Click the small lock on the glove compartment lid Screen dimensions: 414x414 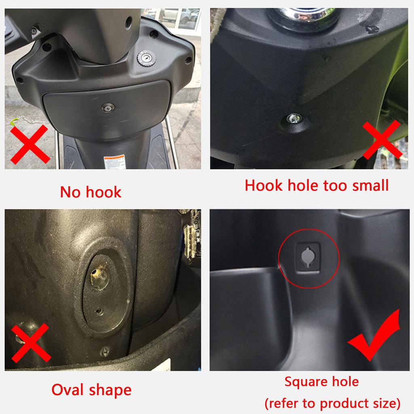coord(108,107)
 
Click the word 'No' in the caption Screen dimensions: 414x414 coord(70,192)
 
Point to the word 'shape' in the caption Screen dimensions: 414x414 coord(111,391)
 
